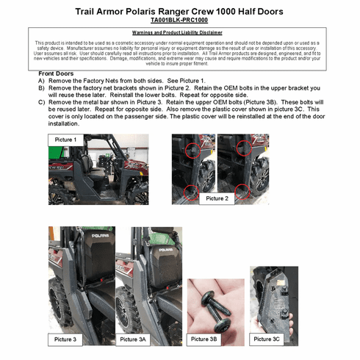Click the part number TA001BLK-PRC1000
click(179, 21)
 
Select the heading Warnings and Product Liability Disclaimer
click(180, 34)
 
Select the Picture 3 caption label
click(65, 339)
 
